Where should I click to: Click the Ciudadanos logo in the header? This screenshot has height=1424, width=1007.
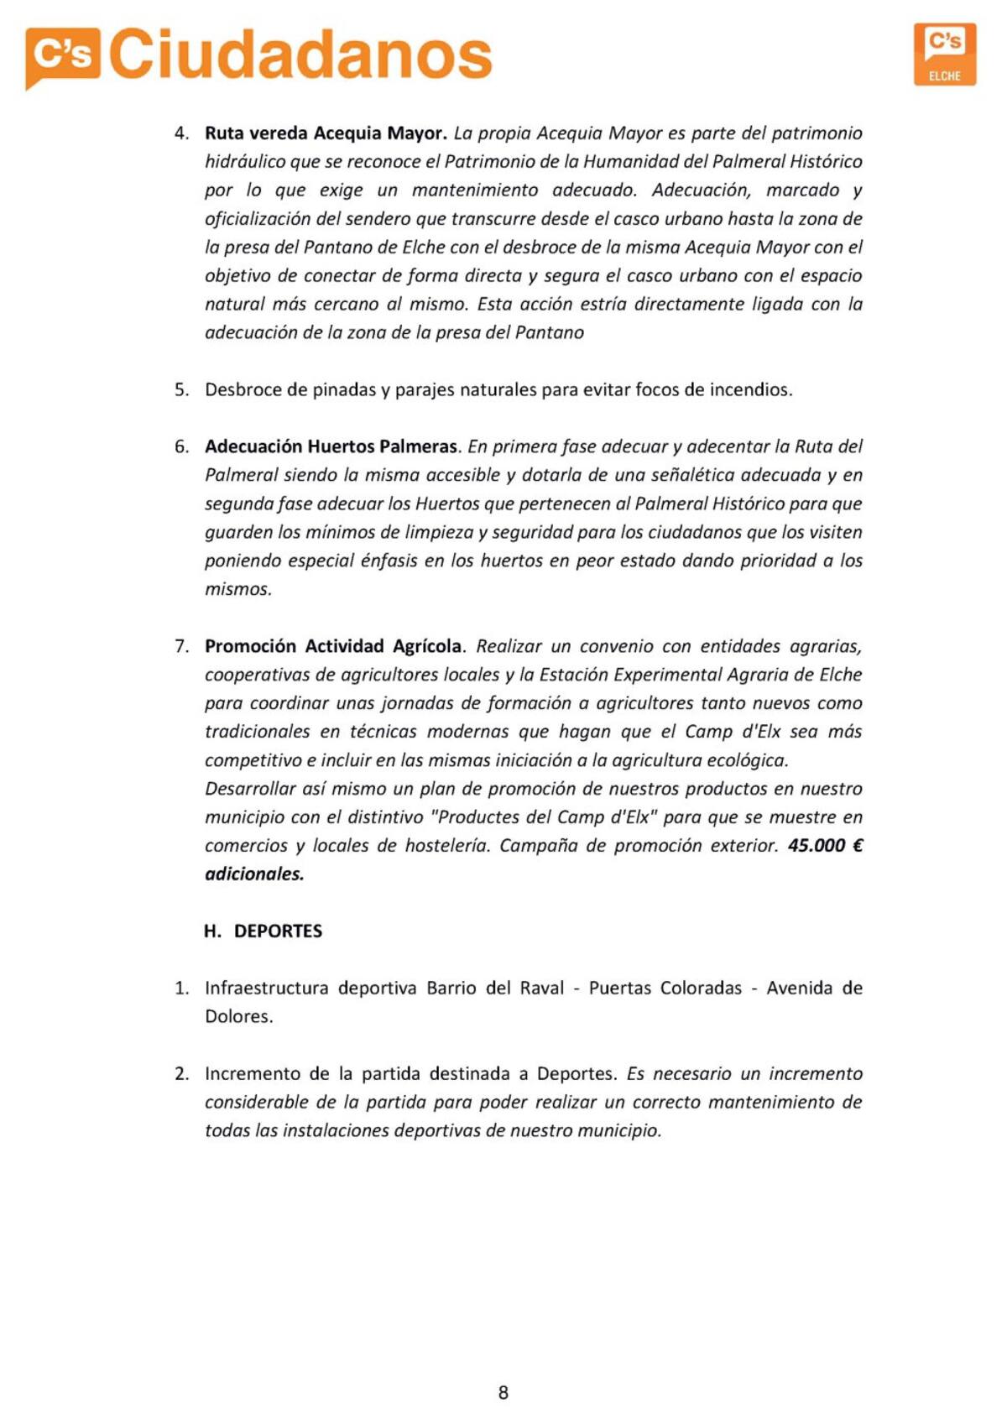(x=258, y=55)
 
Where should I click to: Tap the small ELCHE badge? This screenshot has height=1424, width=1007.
(x=945, y=55)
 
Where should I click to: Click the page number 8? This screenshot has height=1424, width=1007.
(x=503, y=1393)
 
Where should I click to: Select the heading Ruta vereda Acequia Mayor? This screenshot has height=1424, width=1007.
(x=326, y=133)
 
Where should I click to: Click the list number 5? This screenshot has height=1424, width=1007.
(x=181, y=390)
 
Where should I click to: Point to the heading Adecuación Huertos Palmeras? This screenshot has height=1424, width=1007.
(x=331, y=446)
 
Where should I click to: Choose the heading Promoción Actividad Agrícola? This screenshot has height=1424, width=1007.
(x=333, y=646)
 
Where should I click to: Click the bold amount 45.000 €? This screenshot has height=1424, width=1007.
(x=825, y=846)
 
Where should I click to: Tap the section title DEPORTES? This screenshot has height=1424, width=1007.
(x=278, y=931)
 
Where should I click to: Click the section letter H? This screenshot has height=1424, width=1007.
(x=212, y=931)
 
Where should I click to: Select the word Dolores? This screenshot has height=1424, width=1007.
(x=239, y=1017)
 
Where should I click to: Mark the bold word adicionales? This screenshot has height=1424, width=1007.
(x=254, y=874)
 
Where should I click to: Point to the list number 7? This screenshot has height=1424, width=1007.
(x=181, y=646)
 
